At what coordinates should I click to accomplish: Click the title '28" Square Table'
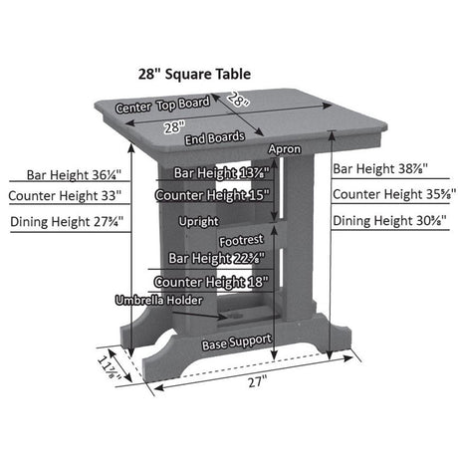(x=194, y=74)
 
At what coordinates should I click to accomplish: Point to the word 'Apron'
(x=285, y=148)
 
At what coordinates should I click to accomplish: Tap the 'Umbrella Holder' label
(x=158, y=300)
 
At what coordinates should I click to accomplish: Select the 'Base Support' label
(x=236, y=341)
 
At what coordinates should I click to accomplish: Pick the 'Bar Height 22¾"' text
(x=215, y=258)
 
